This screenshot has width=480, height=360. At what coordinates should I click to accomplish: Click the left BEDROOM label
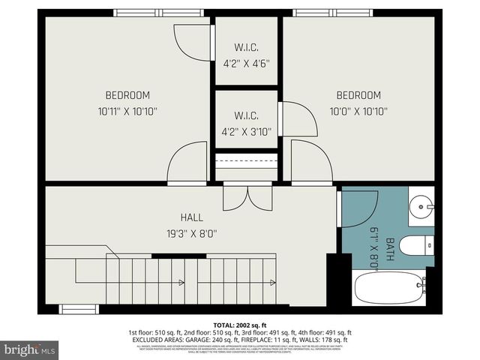(127, 95)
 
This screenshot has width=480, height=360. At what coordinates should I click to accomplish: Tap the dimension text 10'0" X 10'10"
(358, 111)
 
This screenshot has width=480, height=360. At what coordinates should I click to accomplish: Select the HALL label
(191, 217)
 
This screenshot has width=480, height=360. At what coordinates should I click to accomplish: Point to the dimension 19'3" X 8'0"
(191, 233)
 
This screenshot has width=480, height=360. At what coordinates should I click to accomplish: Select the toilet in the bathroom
(415, 245)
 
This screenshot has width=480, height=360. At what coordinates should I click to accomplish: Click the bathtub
(389, 287)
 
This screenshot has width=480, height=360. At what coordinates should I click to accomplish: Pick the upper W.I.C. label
(246, 48)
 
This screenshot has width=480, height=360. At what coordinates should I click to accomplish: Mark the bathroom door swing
(358, 206)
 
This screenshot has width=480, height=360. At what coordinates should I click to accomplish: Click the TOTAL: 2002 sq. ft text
(240, 323)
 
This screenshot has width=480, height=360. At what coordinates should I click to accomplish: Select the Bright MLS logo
(29, 349)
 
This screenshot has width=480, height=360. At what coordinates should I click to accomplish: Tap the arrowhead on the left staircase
(182, 283)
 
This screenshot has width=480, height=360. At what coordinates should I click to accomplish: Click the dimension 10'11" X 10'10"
(127, 111)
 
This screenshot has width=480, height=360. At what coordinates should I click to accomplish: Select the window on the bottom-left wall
(78, 309)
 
